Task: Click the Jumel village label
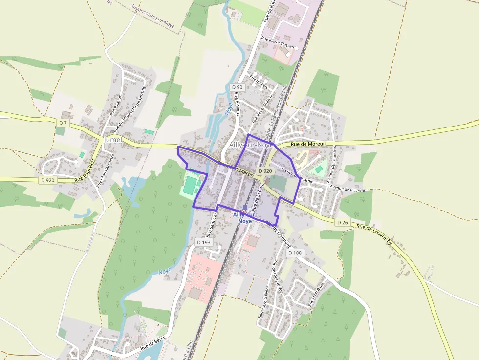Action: (112, 140)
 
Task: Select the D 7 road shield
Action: (63, 123)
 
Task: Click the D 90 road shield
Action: (237, 87)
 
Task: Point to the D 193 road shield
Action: (204, 242)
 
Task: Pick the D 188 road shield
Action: (295, 253)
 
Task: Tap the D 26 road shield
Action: (343, 222)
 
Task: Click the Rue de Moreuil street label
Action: (307, 144)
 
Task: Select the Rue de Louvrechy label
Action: (374, 234)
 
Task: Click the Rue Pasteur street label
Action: (115, 105)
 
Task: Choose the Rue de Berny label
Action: (153, 342)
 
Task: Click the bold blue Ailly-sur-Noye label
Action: (245, 218)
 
